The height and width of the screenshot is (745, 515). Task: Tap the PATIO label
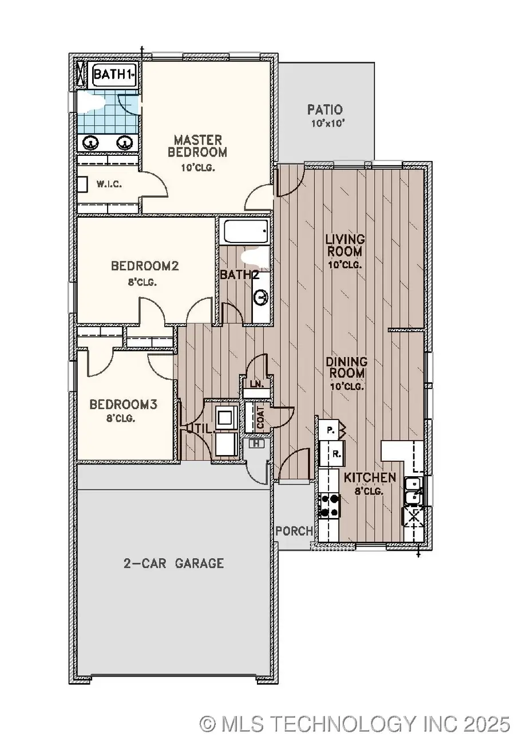(x=324, y=109)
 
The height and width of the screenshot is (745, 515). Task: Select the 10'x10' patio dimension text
(x=324, y=123)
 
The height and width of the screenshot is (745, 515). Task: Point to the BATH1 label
(x=114, y=74)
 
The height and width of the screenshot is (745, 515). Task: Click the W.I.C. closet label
(x=108, y=185)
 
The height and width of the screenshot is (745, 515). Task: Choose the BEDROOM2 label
(x=145, y=266)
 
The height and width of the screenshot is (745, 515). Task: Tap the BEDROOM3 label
(x=123, y=404)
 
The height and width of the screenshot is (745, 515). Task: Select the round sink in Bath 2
(x=261, y=297)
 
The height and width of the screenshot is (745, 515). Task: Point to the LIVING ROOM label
(x=345, y=245)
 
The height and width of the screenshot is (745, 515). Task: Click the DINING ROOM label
(x=346, y=367)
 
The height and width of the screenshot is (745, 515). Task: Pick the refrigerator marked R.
(x=337, y=454)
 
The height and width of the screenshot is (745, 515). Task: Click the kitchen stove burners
(x=330, y=505)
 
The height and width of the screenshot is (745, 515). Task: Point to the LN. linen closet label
(x=256, y=385)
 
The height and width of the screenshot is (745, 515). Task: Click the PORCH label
(x=295, y=531)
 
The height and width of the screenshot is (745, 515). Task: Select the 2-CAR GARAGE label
(x=173, y=563)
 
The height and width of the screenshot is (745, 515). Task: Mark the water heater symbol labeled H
(x=257, y=443)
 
